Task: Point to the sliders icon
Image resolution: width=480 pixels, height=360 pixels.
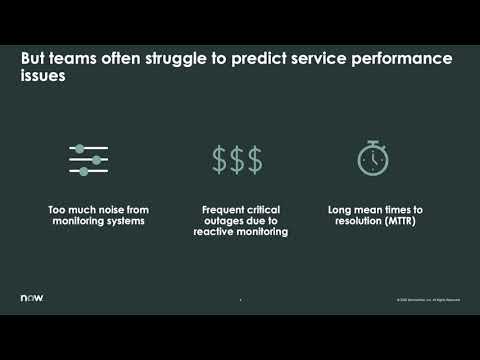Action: pyautogui.click(x=89, y=159)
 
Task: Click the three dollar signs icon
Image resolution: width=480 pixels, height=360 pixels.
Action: pyautogui.click(x=237, y=159)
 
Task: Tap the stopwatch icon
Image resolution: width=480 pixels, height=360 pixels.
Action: pyautogui.click(x=372, y=158)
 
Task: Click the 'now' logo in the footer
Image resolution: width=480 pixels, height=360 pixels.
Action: pyautogui.click(x=32, y=298)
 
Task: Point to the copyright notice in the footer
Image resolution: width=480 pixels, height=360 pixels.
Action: pyautogui.click(x=428, y=300)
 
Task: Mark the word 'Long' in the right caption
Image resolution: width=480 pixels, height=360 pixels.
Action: pyautogui.click(x=339, y=210)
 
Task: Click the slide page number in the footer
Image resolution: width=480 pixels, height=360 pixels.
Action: pyautogui.click(x=240, y=300)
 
